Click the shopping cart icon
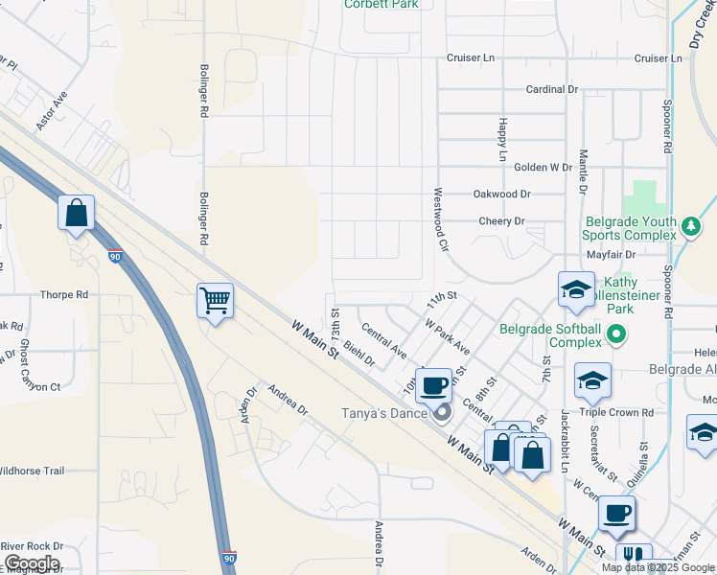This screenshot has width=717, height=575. [215, 301]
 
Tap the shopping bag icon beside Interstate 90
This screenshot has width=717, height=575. [76, 213]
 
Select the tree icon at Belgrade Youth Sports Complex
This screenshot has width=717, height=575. [690, 227]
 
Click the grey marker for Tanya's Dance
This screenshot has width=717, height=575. [442, 414]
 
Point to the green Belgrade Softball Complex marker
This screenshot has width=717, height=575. [615, 335]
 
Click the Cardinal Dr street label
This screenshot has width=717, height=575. [552, 89]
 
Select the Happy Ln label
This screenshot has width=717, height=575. [502, 139]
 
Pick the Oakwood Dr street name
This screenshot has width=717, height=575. [501, 194]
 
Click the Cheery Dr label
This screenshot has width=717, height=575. [502, 221]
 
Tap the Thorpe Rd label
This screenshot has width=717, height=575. [64, 295]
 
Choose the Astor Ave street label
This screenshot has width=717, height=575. [52, 111]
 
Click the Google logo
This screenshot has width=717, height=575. [31, 563]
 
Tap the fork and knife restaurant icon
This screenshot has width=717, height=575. [634, 556]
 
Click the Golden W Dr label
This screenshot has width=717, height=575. [543, 167]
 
